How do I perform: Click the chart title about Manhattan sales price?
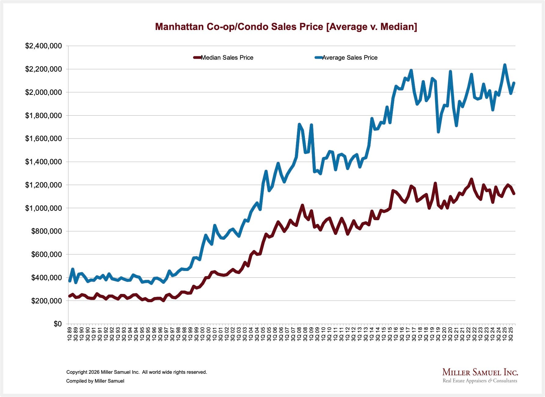(x=286, y=27)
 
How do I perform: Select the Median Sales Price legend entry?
(x=223, y=58)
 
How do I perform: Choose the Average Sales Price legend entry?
(x=346, y=58)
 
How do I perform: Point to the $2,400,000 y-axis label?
(x=43, y=46)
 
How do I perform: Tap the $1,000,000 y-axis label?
(x=43, y=208)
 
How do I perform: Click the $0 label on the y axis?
(x=57, y=324)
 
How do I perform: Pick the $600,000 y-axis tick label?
(x=46, y=254)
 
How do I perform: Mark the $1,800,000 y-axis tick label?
(x=43, y=115)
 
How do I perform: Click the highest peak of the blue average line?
(x=505, y=65)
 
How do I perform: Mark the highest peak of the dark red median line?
(x=471, y=179)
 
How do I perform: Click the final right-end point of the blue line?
(x=514, y=83)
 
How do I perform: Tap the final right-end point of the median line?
(x=514, y=194)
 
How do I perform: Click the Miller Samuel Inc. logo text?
(x=480, y=372)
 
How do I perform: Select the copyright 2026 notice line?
(x=137, y=372)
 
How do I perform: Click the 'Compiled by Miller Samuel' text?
(x=95, y=381)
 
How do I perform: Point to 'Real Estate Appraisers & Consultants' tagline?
(x=480, y=381)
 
